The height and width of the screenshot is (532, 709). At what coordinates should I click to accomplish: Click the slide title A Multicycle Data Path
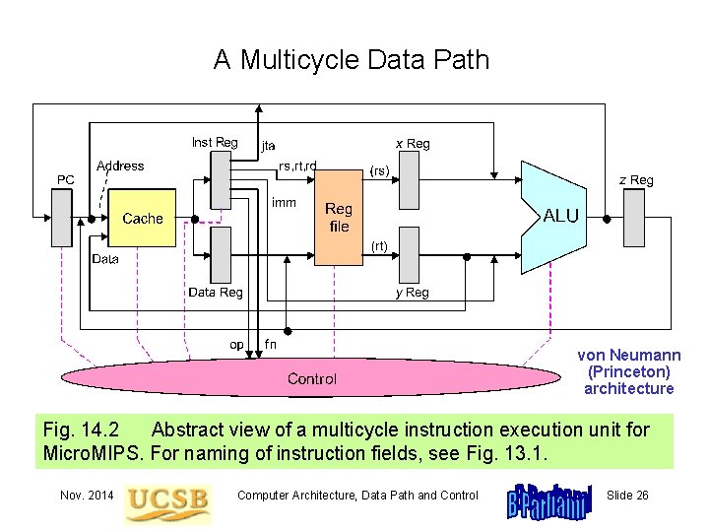coord(352,60)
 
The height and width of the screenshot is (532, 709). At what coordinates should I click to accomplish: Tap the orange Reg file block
coord(339,219)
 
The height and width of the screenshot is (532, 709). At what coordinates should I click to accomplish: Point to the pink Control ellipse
coord(311,379)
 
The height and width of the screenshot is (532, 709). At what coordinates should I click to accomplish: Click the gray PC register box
coord(62,218)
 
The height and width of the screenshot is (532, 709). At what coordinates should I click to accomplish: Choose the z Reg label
coord(635,180)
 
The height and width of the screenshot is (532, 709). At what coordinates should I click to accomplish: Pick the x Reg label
coord(412,144)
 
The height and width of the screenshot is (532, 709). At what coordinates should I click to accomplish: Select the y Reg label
coord(412,293)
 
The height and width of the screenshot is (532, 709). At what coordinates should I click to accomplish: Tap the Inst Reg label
coord(214,143)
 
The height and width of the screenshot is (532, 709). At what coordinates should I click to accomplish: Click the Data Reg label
coord(215,293)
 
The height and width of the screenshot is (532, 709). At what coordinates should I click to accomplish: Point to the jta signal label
coord(268,146)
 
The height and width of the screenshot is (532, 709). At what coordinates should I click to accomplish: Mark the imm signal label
coord(283,202)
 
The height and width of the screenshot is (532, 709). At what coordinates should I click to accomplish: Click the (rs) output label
coord(379,170)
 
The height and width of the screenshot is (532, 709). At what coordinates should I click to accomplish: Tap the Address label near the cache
coord(120,166)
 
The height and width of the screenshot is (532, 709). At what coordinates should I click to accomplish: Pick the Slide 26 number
coord(627,495)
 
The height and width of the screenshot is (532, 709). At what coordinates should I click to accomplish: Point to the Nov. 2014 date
coord(86,495)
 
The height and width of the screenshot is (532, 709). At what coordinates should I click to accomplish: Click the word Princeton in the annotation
coord(628,372)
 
